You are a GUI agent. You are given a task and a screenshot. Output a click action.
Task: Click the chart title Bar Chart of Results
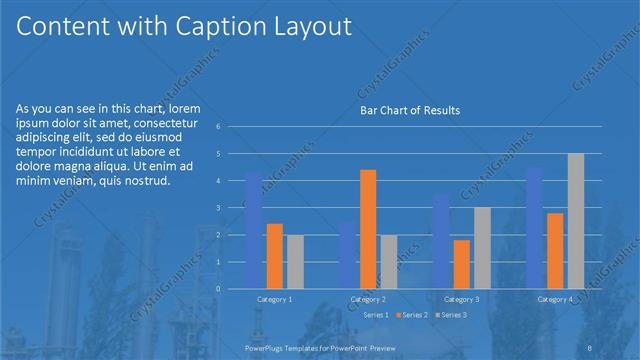pyautogui.click(x=410, y=111)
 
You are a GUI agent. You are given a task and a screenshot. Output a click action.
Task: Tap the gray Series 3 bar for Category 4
pyautogui.click(x=576, y=221)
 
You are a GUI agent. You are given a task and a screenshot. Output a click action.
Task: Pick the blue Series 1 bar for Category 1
pyautogui.click(x=253, y=229)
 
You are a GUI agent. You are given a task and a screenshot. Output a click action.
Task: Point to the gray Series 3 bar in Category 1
pyautogui.click(x=295, y=261)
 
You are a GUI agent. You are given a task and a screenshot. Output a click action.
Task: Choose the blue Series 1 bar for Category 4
pyautogui.click(x=534, y=227)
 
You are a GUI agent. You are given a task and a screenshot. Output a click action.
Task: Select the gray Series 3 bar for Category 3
pyautogui.click(x=482, y=248)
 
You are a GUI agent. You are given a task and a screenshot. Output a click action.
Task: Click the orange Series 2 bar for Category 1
pyautogui.click(x=274, y=256)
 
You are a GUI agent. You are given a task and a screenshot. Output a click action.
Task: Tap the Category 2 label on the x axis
pyautogui.click(x=368, y=299)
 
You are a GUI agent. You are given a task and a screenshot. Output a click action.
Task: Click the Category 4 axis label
pyautogui.click(x=555, y=299)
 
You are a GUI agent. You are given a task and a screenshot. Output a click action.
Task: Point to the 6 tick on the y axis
pyautogui.click(x=232, y=127)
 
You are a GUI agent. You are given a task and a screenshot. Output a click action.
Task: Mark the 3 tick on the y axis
pyautogui.click(x=232, y=208)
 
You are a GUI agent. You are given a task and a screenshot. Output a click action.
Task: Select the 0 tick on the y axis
pyautogui.click(x=232, y=289)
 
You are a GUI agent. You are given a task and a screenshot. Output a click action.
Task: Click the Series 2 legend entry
pyautogui.click(x=413, y=315)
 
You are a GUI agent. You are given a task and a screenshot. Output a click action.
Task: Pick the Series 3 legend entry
pyautogui.click(x=453, y=315)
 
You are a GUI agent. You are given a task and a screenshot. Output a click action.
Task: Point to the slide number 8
pyautogui.click(x=591, y=345)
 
